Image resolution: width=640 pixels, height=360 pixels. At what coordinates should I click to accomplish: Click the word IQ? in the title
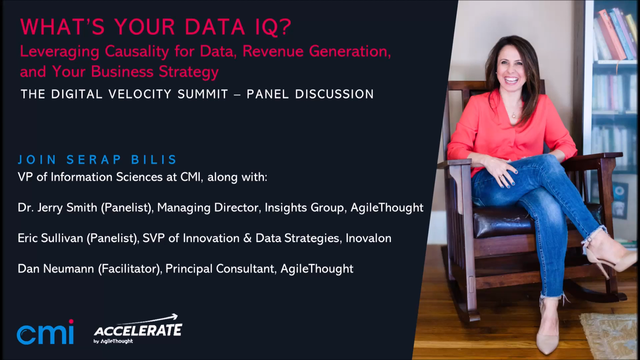tap(273, 27)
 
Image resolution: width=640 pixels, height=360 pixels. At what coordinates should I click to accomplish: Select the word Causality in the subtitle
tap(137, 52)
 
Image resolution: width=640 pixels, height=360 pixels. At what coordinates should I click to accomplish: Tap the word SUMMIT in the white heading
tap(203, 94)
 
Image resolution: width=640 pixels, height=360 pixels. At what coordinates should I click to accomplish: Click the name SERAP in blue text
tap(94, 160)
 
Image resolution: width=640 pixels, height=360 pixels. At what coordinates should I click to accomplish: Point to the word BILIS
tap(154, 160)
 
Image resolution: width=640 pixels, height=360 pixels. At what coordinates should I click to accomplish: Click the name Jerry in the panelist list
tap(50, 208)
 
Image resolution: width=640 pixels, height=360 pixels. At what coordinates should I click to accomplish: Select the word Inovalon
tap(368, 238)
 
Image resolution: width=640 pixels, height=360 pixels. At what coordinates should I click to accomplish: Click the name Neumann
tap(68, 269)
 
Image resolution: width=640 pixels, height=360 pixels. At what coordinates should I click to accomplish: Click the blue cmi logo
tap(45, 333)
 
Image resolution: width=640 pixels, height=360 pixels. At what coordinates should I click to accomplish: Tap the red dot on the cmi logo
tap(71, 321)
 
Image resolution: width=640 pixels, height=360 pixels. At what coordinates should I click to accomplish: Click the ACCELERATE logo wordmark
tap(138, 331)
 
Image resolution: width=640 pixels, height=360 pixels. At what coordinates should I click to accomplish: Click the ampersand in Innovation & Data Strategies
tap(247, 238)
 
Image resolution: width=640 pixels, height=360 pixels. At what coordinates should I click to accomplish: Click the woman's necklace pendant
tap(514, 116)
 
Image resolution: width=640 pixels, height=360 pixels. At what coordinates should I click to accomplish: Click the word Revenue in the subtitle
tap(273, 52)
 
